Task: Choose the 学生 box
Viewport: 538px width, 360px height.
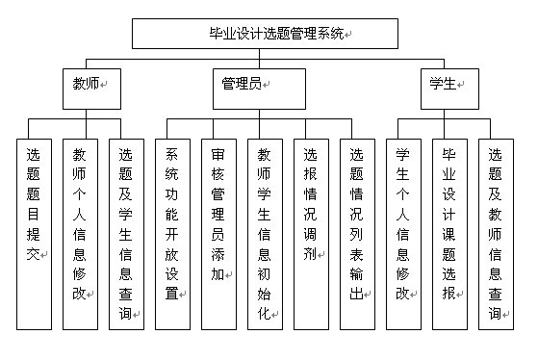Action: [x=447, y=84]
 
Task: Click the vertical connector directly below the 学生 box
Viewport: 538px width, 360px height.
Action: [x=448, y=109]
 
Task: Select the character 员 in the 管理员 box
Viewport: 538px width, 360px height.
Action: [x=255, y=84]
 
